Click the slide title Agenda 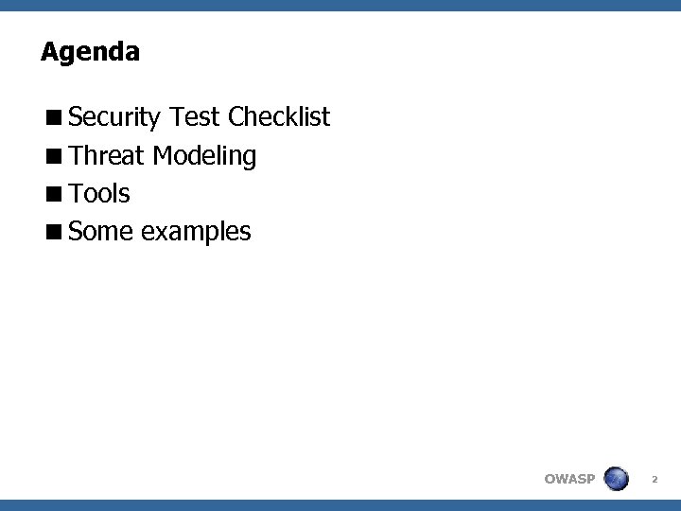90,52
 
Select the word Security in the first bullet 115,118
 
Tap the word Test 197,117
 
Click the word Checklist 279,117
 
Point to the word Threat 106,155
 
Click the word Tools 99,194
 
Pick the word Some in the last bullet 101,232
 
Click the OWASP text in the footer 569,479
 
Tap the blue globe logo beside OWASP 617,478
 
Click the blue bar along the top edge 340,5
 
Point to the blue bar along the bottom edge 340,505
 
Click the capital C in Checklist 236,117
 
